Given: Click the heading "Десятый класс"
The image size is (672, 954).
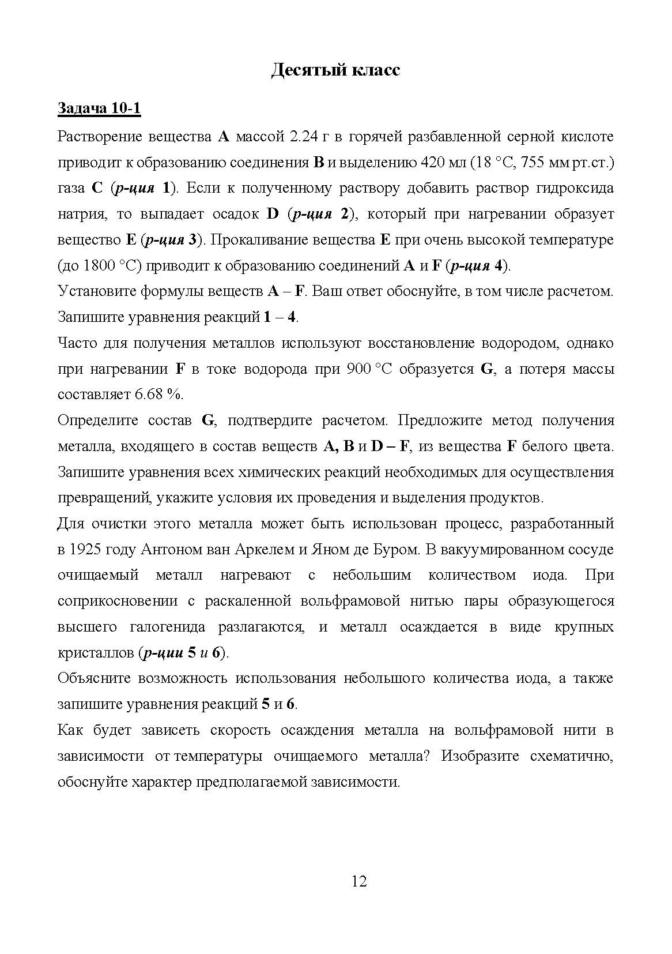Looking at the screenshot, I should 335,70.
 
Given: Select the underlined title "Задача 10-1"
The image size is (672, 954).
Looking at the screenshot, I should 99,108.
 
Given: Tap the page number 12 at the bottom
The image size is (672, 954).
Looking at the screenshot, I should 358,881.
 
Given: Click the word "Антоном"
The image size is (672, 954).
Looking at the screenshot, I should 169,549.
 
